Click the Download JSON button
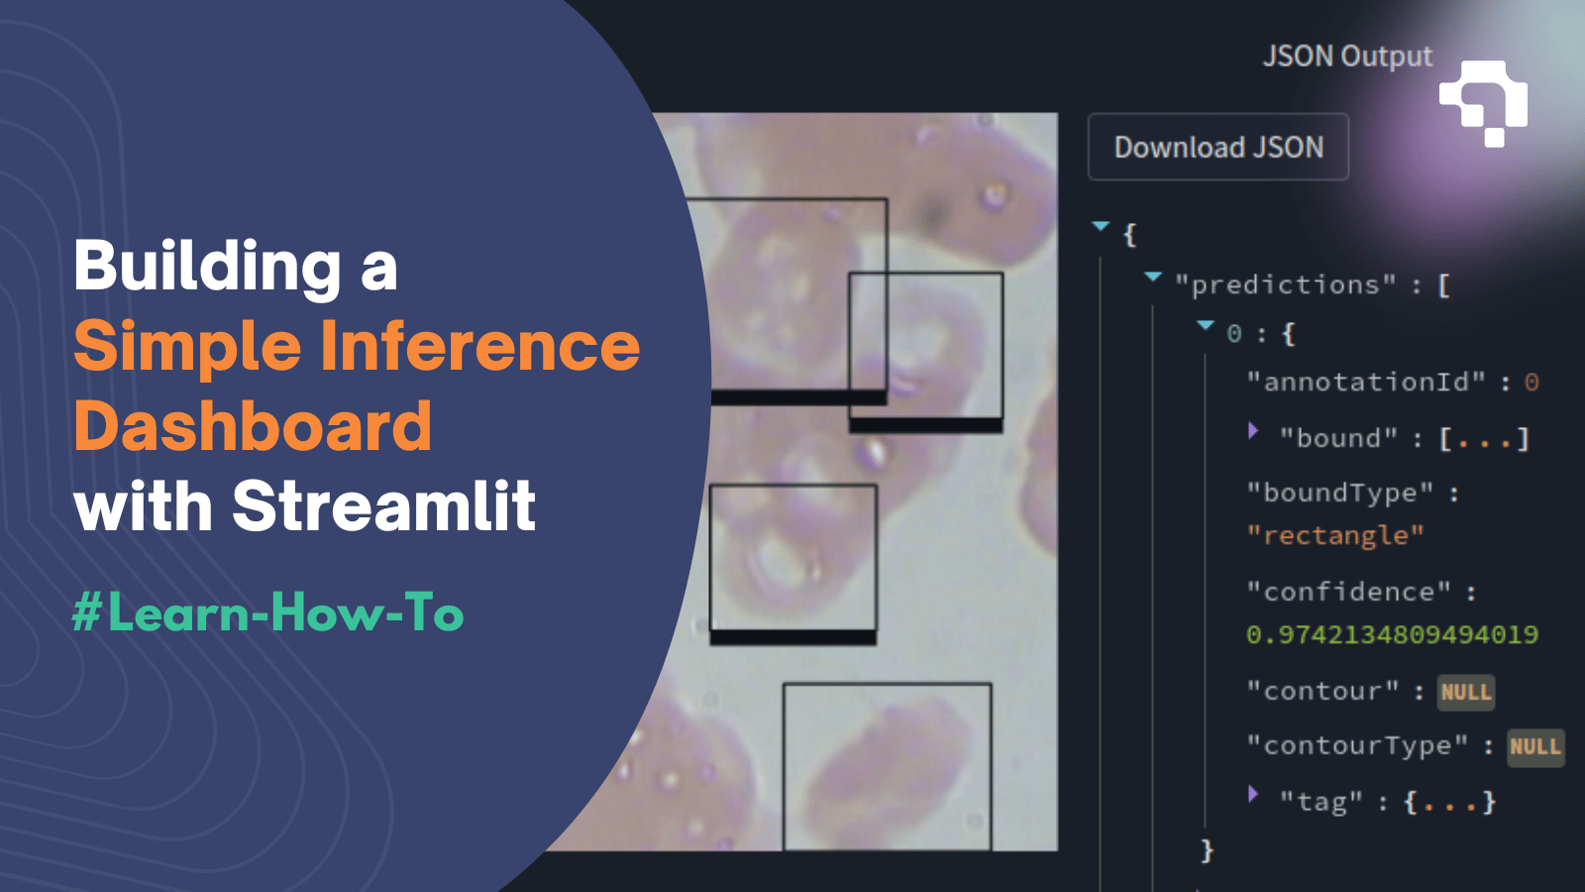pyautogui.click(x=1217, y=148)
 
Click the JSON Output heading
pyautogui.click(x=1346, y=56)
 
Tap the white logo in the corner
pyautogui.click(x=1484, y=103)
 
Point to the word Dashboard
pyautogui.click(x=253, y=426)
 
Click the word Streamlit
pyautogui.click(x=384, y=506)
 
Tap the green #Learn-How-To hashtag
pyautogui.click(x=267, y=613)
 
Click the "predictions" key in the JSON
pyautogui.click(x=1285, y=285)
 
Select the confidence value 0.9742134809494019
pyautogui.click(x=1392, y=634)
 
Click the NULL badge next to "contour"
pyautogui.click(x=1465, y=692)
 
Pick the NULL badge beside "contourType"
pyautogui.click(x=1534, y=746)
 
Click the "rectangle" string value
pyautogui.click(x=1334, y=536)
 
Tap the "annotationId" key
pyautogui.click(x=1366, y=383)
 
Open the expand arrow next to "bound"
pyautogui.click(x=1253, y=431)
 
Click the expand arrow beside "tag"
pyautogui.click(x=1253, y=794)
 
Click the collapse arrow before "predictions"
pyautogui.click(x=1153, y=278)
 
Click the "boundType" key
pyautogui.click(x=1339, y=493)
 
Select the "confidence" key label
pyautogui.click(x=1348, y=592)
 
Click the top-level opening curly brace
pyautogui.click(x=1130, y=235)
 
